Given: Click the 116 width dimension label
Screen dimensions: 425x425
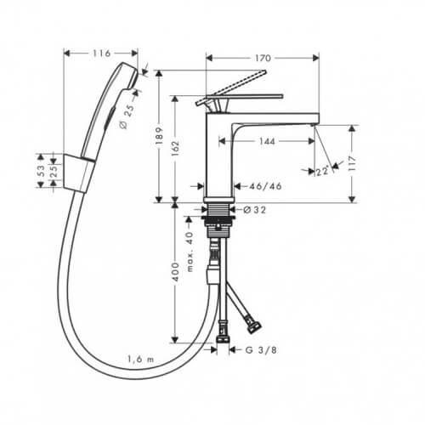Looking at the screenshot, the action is pyautogui.click(x=101, y=54).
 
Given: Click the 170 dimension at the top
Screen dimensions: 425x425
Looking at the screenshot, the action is pyautogui.click(x=263, y=58).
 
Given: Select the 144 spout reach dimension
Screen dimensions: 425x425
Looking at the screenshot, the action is pyautogui.click(x=267, y=141).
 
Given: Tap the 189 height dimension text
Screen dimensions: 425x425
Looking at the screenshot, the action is pyautogui.click(x=159, y=136).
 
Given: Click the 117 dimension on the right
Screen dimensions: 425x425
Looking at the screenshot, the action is pyautogui.click(x=352, y=163).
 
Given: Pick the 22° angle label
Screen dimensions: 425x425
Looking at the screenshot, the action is pyautogui.click(x=322, y=171).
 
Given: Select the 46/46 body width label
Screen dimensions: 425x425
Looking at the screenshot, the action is pyautogui.click(x=265, y=186).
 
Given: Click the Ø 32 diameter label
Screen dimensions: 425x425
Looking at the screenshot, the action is pyautogui.click(x=255, y=210).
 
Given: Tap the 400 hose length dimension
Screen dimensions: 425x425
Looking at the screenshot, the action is pyautogui.click(x=176, y=272).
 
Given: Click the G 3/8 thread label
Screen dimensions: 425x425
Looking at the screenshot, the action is pyautogui.click(x=261, y=350).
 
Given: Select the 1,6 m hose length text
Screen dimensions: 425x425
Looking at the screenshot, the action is pyautogui.click(x=141, y=360).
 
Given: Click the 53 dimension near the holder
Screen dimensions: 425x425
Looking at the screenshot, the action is pyautogui.click(x=42, y=171).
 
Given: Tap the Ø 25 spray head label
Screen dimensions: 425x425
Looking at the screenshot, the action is pyautogui.click(x=127, y=117).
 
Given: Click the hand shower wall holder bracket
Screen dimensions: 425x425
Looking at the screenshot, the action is pyautogui.click(x=78, y=173).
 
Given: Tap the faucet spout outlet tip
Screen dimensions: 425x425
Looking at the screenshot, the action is pyautogui.click(x=313, y=125).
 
